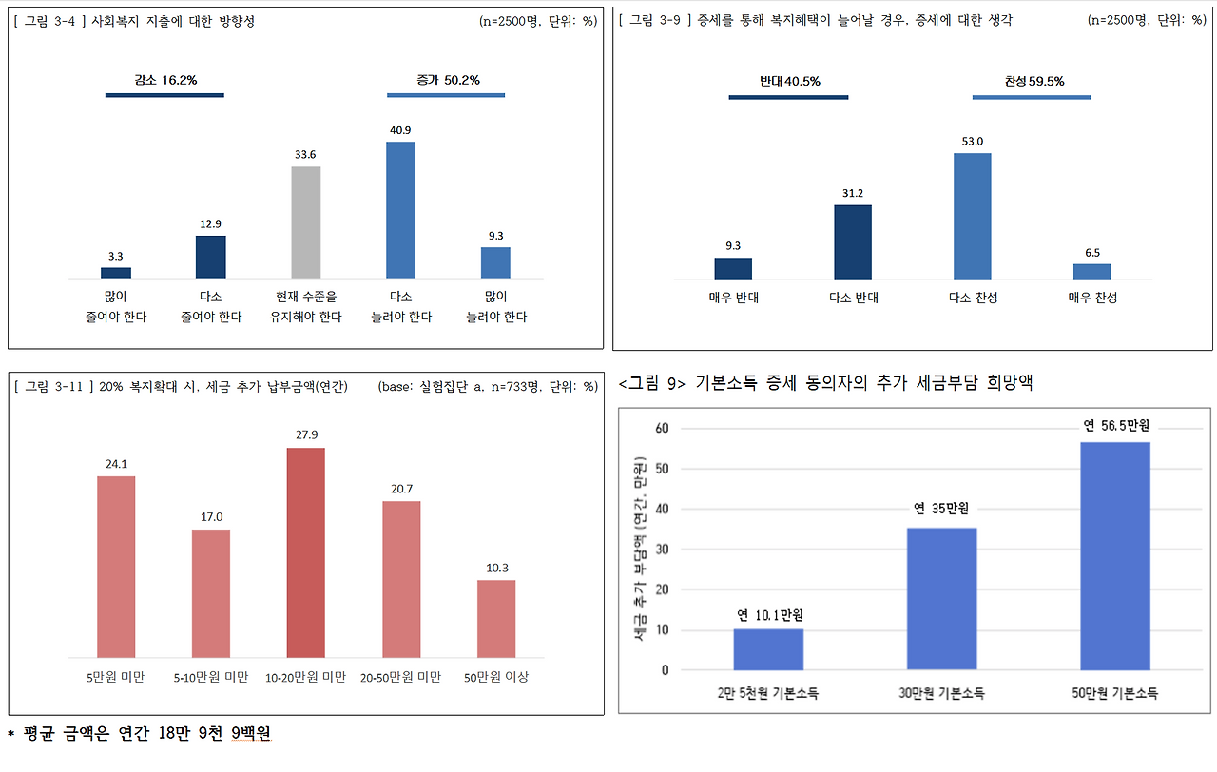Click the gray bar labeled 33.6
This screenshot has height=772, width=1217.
click(x=306, y=222)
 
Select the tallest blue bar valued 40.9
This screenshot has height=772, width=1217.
click(x=401, y=210)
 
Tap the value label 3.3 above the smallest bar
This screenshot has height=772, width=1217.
click(x=115, y=256)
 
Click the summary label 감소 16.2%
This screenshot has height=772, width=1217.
click(x=165, y=81)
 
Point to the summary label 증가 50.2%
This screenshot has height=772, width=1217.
click(x=448, y=81)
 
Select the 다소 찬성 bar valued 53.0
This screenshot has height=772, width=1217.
click(x=973, y=216)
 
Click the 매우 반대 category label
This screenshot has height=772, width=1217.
click(x=733, y=298)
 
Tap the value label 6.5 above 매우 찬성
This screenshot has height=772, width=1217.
click(x=1092, y=253)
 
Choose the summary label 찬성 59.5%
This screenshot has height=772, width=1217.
click(x=1033, y=82)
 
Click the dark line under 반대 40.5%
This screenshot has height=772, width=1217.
click(x=788, y=97)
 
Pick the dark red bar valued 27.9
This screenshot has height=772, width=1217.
click(x=306, y=552)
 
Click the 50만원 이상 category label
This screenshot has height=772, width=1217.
click(x=496, y=677)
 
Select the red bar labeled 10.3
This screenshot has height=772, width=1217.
click(x=496, y=619)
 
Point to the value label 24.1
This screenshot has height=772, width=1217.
click(x=116, y=464)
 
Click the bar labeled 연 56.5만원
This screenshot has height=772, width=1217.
click(x=1115, y=556)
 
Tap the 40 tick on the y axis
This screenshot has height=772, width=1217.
click(x=662, y=509)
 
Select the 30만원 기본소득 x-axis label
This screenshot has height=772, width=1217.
click(x=941, y=693)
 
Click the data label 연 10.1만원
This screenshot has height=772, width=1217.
click(x=770, y=615)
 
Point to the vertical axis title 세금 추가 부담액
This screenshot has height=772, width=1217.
click(x=640, y=549)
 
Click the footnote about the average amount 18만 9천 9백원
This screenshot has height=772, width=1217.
click(x=140, y=733)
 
